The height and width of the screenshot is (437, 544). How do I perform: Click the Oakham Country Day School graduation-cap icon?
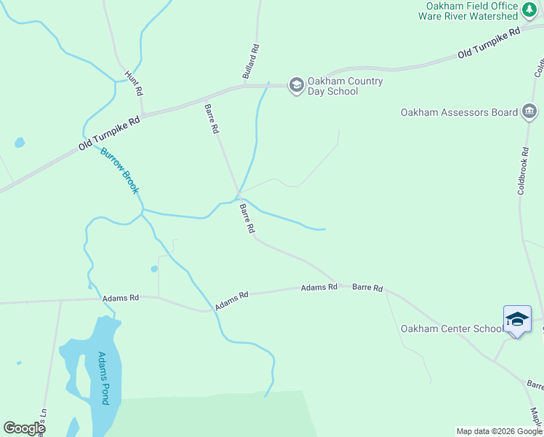point(296,85)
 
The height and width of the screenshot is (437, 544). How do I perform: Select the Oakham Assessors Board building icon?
point(529,111)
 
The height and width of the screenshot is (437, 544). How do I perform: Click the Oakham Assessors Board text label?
point(459,112)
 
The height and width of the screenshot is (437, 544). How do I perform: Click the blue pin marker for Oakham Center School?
point(517,320)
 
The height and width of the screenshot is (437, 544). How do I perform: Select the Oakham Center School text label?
point(451,328)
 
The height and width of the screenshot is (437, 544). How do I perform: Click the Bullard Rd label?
point(250,61)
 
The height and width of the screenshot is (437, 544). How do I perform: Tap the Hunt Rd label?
point(134,84)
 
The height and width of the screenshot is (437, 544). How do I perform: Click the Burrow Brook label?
point(120,171)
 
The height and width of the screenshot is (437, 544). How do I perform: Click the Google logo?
point(24,428)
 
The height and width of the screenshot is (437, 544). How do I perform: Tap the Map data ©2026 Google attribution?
point(499,431)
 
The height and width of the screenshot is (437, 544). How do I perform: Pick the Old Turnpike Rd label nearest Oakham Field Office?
point(489,44)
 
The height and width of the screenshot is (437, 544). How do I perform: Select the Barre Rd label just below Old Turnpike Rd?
point(212,119)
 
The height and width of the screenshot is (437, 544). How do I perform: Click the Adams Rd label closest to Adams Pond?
point(120,298)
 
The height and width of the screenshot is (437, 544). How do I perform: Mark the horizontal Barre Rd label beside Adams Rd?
point(367,288)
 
